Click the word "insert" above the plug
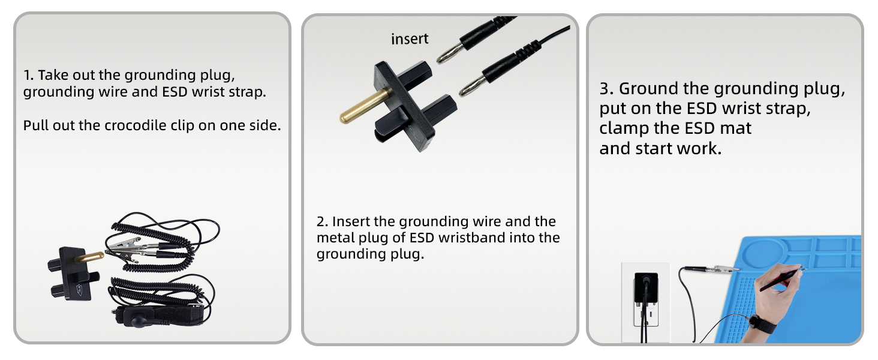[410, 39]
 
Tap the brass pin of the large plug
[365, 106]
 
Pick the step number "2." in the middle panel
[322, 221]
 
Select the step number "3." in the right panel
[606, 89]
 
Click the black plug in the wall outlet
[645, 288]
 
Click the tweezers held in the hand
[782, 279]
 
